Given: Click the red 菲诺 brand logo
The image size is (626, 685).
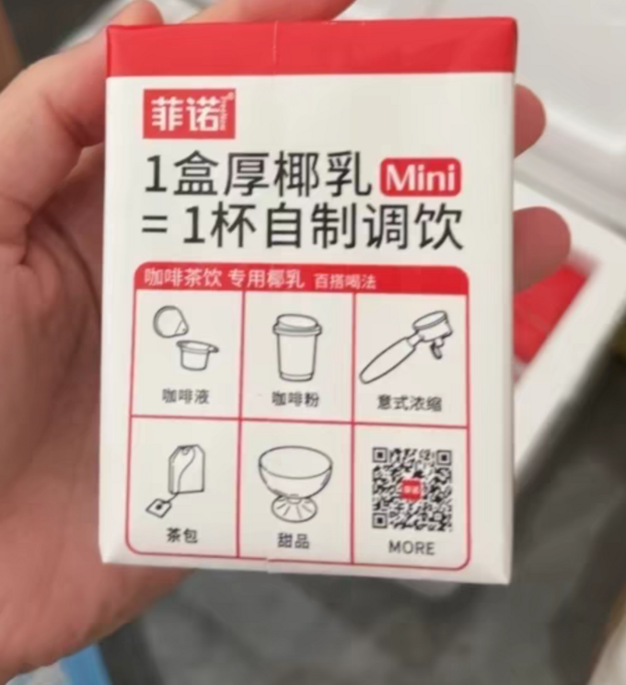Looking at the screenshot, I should tap(189, 114).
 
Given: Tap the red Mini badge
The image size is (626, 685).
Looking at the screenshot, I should tap(420, 176).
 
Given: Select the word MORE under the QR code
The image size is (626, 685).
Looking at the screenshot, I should tap(412, 547).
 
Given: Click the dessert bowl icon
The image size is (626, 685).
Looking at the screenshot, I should tap(295, 482).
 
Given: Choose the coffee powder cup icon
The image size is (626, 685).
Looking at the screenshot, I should tap(296, 347).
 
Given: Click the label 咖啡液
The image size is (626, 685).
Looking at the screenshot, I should tap(185, 398).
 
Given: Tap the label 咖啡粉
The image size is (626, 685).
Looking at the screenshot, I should tap(296, 400).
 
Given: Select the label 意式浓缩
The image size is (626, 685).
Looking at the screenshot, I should tap(409, 402).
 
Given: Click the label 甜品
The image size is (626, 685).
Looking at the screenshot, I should tap(293, 540).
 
